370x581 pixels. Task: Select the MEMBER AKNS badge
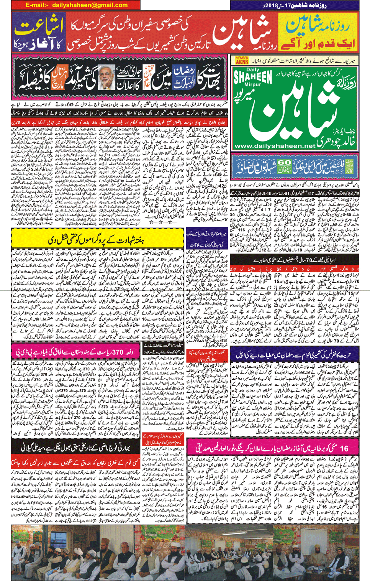(x=242, y=60)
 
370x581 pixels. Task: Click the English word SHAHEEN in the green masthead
(x=253, y=77)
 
